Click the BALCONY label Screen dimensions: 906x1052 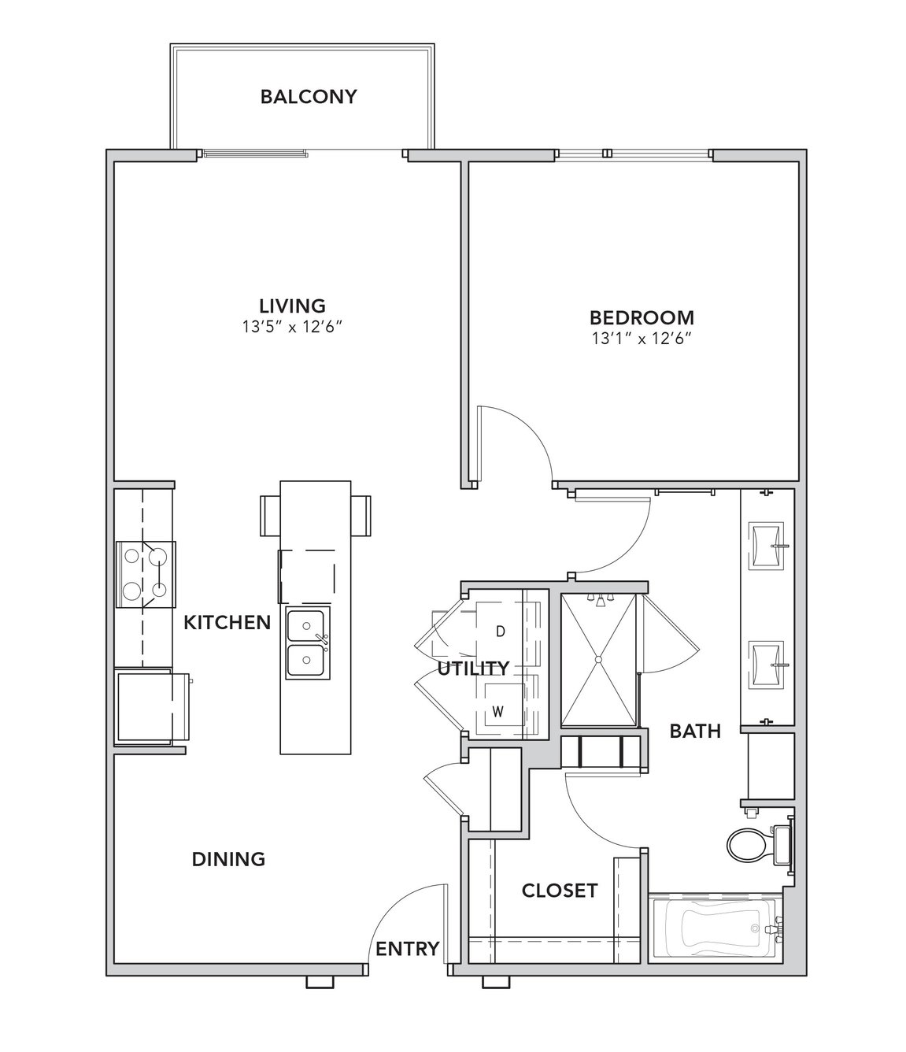pyautogui.click(x=309, y=97)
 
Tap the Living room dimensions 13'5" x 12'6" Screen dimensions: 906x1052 pyautogui.click(x=291, y=327)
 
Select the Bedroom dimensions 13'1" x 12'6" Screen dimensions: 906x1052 pyautogui.click(x=642, y=339)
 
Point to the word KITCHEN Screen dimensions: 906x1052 pyautogui.click(x=227, y=622)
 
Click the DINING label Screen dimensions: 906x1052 pyautogui.click(x=228, y=859)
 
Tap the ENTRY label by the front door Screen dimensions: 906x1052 pyautogui.click(x=407, y=949)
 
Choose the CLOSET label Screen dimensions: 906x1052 pyautogui.click(x=560, y=891)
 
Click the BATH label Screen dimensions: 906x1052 pyautogui.click(x=695, y=732)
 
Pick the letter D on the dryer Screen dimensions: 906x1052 pyautogui.click(x=501, y=632)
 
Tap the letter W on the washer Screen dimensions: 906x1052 pyautogui.click(x=498, y=712)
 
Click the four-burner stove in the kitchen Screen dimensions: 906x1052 pyautogui.click(x=146, y=574)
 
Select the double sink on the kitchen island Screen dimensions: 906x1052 pyautogui.click(x=307, y=643)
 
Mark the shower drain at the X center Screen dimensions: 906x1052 pyautogui.click(x=598, y=660)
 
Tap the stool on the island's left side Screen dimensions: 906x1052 pyautogui.click(x=270, y=515)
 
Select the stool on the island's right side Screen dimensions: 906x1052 pyautogui.click(x=361, y=515)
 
